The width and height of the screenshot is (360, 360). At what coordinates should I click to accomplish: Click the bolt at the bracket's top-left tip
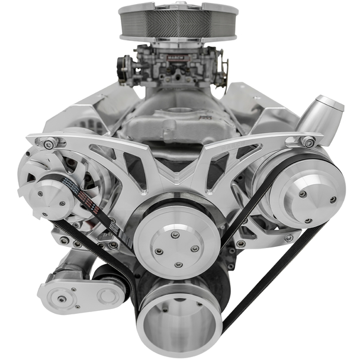point(47,143)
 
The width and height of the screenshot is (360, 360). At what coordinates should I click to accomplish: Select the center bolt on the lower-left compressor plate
point(62,298)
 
